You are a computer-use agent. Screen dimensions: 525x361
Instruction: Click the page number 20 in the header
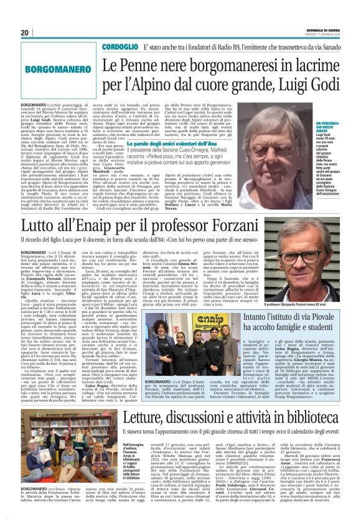[25, 32]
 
